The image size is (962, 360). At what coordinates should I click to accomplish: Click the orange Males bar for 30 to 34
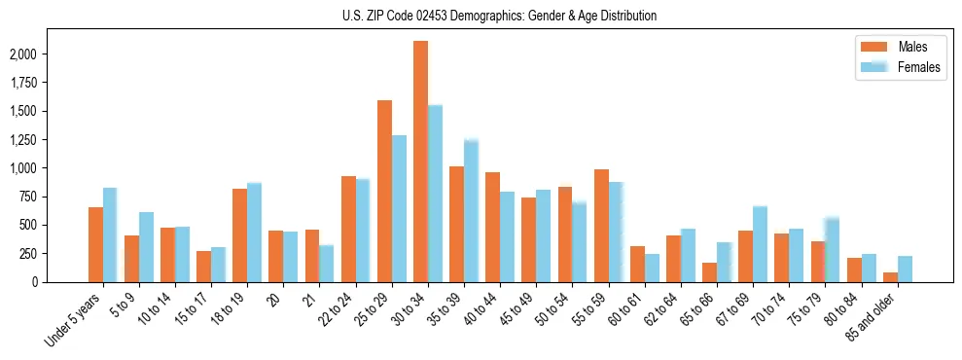click(420, 162)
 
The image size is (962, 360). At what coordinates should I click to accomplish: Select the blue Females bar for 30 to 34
click(435, 194)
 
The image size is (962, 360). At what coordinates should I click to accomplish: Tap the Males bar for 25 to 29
click(384, 191)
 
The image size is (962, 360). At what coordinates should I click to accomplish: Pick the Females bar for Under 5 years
click(110, 234)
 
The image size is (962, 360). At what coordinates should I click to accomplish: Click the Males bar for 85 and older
click(890, 277)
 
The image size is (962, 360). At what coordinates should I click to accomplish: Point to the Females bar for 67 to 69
click(760, 244)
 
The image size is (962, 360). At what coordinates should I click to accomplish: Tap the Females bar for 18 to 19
click(254, 233)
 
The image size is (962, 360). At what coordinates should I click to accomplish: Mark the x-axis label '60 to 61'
click(626, 308)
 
